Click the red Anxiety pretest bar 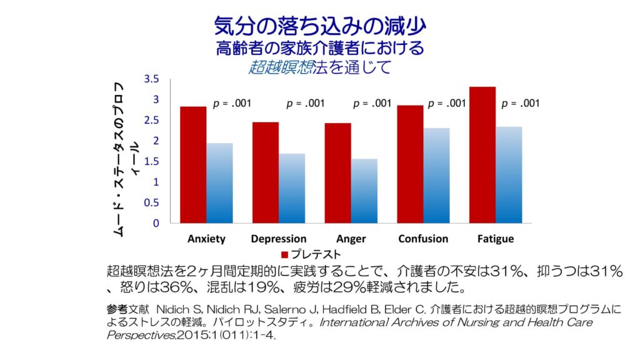(193, 165)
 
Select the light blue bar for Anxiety (220, 183)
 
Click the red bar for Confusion (410, 164)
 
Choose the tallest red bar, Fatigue (482, 155)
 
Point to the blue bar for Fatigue (509, 175)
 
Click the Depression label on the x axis (279, 239)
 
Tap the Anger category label (351, 239)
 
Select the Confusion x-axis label (423, 239)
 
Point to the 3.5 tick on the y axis (152, 79)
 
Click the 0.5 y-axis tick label (152, 202)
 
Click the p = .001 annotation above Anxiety (232, 104)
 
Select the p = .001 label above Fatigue (521, 104)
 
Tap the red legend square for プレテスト (284, 255)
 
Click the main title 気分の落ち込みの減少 (320, 26)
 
